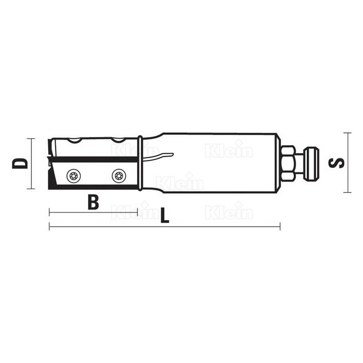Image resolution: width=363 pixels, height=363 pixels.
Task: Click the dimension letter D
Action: click(20, 163)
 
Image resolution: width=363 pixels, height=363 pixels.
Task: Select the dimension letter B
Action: click(93, 202)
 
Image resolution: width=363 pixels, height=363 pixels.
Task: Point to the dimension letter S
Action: click(337, 163)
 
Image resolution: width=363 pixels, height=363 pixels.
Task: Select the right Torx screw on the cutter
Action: click(118, 175)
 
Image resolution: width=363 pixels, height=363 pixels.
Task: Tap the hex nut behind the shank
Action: click(288, 163)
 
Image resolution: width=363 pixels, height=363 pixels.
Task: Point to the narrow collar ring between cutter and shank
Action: click(141, 163)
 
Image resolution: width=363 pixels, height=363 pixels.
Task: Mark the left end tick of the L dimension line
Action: click(49, 226)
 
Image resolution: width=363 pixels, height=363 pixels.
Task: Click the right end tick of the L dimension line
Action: click(280, 226)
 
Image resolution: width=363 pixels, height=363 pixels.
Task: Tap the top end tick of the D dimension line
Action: click(30, 138)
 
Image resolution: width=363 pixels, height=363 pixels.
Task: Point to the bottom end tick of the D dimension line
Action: click(30, 188)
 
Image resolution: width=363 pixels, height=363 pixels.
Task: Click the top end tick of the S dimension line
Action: click(347, 133)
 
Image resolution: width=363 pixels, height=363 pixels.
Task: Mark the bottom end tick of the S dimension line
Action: click(347, 192)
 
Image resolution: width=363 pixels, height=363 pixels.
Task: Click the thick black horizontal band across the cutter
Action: click(95, 159)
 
